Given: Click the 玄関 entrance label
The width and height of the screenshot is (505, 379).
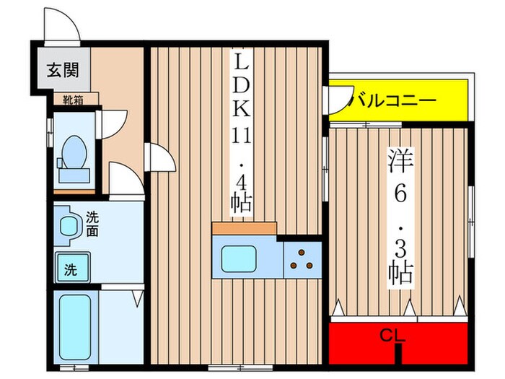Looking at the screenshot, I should tap(63, 71).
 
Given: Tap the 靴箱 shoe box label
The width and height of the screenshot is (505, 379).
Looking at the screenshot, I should tap(71, 100).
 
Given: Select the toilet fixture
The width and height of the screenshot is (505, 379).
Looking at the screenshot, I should tap(74, 154).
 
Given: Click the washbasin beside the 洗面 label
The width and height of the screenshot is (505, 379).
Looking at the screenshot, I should tap(70, 226).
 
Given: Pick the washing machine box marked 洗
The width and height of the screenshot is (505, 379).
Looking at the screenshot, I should tap(71, 270).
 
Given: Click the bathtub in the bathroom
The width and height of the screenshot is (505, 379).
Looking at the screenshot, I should tap(74, 328).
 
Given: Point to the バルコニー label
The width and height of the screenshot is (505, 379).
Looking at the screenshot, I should tap(391, 100).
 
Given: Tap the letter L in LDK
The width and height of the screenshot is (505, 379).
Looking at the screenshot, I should tap(240, 62).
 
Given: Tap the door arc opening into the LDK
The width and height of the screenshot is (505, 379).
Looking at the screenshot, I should tap(160, 157).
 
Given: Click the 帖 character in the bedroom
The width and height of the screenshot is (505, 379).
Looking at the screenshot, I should tap(401, 273).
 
